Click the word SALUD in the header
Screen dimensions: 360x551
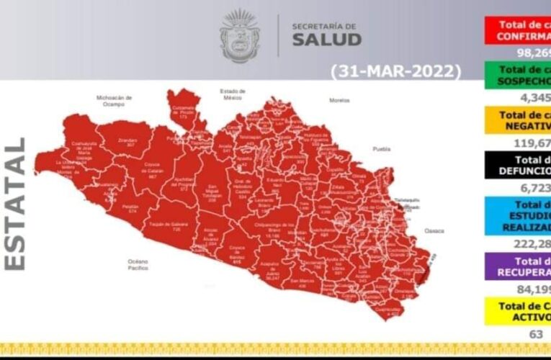[326, 39]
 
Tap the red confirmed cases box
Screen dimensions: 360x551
[516, 28]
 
